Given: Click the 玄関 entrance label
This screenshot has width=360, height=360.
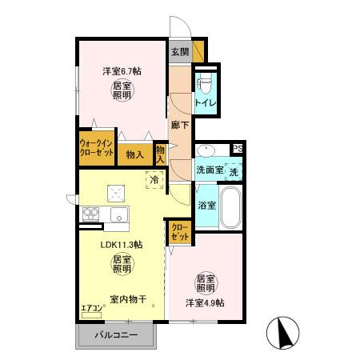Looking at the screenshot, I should pyautogui.click(x=179, y=52).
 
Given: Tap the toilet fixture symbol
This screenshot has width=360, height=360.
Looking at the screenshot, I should pyautogui.click(x=204, y=83).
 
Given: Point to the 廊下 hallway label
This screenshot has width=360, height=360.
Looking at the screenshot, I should pyautogui.click(x=180, y=125).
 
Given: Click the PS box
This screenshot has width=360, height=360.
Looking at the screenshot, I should pyautogui.click(x=237, y=148).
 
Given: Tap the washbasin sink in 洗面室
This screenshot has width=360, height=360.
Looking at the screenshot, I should pyautogui.click(x=204, y=151).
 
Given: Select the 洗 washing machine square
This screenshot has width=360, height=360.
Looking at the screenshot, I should pyautogui.click(x=234, y=172).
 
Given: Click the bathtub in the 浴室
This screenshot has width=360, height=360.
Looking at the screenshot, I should pyautogui.click(x=231, y=210).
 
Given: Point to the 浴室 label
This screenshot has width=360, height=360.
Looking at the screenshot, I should pyautogui.click(x=207, y=206).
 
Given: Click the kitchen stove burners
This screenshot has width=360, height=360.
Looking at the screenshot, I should pyautogui.click(x=90, y=214).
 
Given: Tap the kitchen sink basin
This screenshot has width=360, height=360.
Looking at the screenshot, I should pyautogui.click(x=118, y=214).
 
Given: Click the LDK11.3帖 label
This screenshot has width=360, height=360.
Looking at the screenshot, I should pyautogui.click(x=121, y=245).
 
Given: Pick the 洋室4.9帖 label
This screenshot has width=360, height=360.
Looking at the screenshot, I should pyautogui.click(x=206, y=302).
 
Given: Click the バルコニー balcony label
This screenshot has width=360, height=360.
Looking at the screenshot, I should pyautogui.click(x=117, y=334).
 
